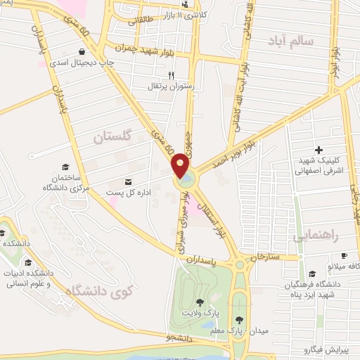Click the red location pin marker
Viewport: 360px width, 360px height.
pos(181,166)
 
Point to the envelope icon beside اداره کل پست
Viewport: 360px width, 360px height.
pos(128,181)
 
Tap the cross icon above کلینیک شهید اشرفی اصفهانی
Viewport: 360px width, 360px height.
pos(319,150)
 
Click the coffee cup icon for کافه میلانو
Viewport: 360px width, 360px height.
pos(344,256)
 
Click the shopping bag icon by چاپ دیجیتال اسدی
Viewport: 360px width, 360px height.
pos(84,52)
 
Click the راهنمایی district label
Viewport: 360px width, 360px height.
pos(319,236)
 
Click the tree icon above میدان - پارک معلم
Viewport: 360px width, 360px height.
pos(240,303)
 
